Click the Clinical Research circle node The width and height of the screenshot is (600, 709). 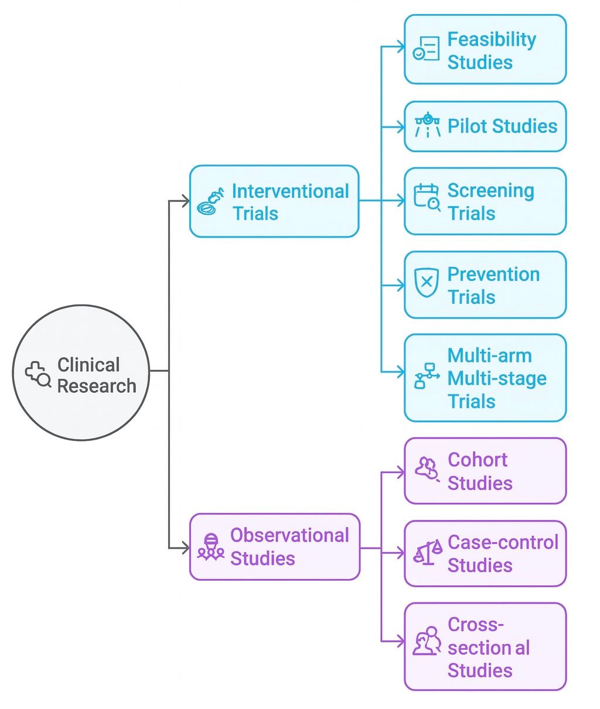click(81, 372)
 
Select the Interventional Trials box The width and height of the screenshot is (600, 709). click(274, 201)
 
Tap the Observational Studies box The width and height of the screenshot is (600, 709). click(274, 547)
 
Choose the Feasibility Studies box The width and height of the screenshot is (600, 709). click(485, 50)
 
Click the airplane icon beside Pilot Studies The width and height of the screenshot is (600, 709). click(427, 125)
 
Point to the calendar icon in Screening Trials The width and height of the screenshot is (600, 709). click(427, 197)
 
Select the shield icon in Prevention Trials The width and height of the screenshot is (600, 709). click(427, 283)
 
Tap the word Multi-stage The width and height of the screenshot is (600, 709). click(497, 379)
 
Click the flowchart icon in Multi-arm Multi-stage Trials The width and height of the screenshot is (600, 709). click(427, 376)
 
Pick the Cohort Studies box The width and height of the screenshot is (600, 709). click(485, 471)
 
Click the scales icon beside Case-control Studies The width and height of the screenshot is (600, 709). click(428, 553)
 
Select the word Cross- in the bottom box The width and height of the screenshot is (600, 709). click(476, 625)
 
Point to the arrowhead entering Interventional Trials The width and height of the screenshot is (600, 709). click(186, 201)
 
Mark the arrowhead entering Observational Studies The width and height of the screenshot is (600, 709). click(186, 548)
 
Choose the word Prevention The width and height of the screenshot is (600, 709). click(493, 274)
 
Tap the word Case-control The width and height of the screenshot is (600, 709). click(503, 542)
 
